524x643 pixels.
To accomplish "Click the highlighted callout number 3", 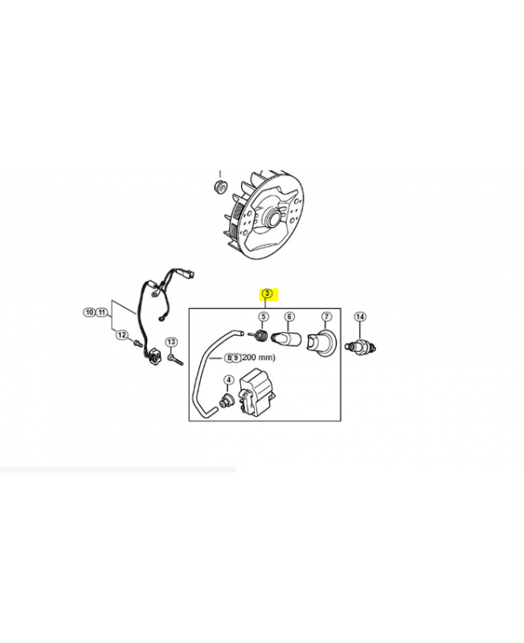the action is tap(267, 293).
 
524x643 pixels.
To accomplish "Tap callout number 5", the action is tap(264, 317).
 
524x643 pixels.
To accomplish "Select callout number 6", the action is tap(289, 317).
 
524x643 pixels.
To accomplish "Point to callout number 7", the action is tap(326, 317).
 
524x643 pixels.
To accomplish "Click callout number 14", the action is tap(360, 317).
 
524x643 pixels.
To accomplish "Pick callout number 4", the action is tap(228, 380).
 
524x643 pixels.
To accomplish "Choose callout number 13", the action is tap(171, 342).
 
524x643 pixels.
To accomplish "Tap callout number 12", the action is tap(122, 335).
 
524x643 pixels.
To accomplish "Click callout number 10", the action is tap(89, 313).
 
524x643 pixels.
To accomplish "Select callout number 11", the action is tap(102, 313).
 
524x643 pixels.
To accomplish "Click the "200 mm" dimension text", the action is tap(258, 358).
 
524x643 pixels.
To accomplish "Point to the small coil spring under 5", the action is tap(259, 334).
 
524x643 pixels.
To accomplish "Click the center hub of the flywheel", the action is tap(273, 217).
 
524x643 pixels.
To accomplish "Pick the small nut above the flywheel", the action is tap(221, 186).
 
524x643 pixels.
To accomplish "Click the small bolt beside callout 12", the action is tap(137, 342).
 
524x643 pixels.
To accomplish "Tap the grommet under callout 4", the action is tap(226, 400).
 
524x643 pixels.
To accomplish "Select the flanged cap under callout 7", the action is tap(322, 344).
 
